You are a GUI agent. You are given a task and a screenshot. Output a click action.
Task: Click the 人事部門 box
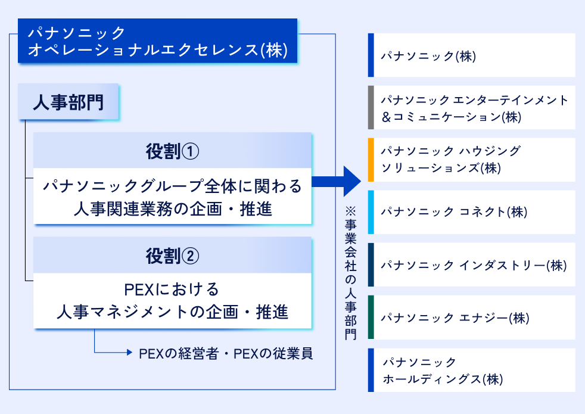pos(69,102)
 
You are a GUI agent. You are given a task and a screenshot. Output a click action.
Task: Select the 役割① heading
pos(172,151)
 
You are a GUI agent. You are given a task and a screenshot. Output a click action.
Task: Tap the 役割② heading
pos(172,256)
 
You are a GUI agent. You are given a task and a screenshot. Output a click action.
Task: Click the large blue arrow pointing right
pos(336,182)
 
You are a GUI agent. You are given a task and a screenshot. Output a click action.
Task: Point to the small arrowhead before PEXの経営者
pos(129,352)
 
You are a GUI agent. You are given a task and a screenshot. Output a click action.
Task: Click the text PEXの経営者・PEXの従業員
pos(226,354)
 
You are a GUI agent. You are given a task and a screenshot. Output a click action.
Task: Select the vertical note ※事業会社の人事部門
pos(351,273)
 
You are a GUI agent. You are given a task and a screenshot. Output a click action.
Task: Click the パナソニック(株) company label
pos(428,56)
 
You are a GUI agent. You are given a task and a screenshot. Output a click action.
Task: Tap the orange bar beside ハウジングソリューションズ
pos(371,160)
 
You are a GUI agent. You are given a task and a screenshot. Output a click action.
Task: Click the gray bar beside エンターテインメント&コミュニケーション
pos(371,107)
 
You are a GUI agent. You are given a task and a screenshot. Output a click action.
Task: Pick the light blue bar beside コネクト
pos(371,212)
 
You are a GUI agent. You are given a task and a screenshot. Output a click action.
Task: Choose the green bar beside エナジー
pos(371,317)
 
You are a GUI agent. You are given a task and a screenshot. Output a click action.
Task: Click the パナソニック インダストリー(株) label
pos(474,265)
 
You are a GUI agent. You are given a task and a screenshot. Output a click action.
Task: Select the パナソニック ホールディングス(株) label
pos(443,371)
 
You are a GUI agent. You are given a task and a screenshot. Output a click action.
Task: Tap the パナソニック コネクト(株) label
pos(454,212)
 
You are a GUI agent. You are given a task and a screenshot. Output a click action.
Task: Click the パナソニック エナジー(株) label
pos(455,317)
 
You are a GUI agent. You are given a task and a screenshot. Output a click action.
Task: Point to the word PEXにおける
pos(171,290)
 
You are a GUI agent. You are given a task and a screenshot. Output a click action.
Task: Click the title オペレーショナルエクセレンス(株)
pos(158,50)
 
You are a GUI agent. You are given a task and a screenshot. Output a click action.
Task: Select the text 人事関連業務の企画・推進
pos(173,209)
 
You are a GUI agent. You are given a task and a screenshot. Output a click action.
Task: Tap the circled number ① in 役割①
pos(190,151)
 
